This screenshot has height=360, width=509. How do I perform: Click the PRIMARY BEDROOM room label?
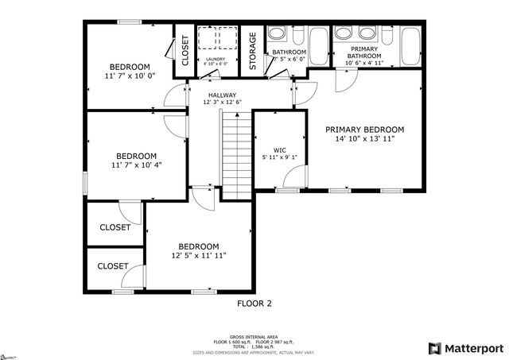coord(364,130)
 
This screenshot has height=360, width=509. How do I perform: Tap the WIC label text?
coord(279,149)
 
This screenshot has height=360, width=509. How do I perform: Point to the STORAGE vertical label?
coord(253,52)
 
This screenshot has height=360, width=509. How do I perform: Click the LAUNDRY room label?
coord(216,59)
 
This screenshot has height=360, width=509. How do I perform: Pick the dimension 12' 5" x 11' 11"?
coord(198,256)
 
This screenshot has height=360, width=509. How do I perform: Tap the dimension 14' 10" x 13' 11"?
coord(364,139)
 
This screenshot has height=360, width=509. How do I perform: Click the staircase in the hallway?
coord(235,155)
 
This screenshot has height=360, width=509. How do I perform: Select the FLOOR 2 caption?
coord(254,304)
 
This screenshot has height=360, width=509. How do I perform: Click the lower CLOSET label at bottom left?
coord(113,266)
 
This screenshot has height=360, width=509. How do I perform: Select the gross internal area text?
coord(254,337)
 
